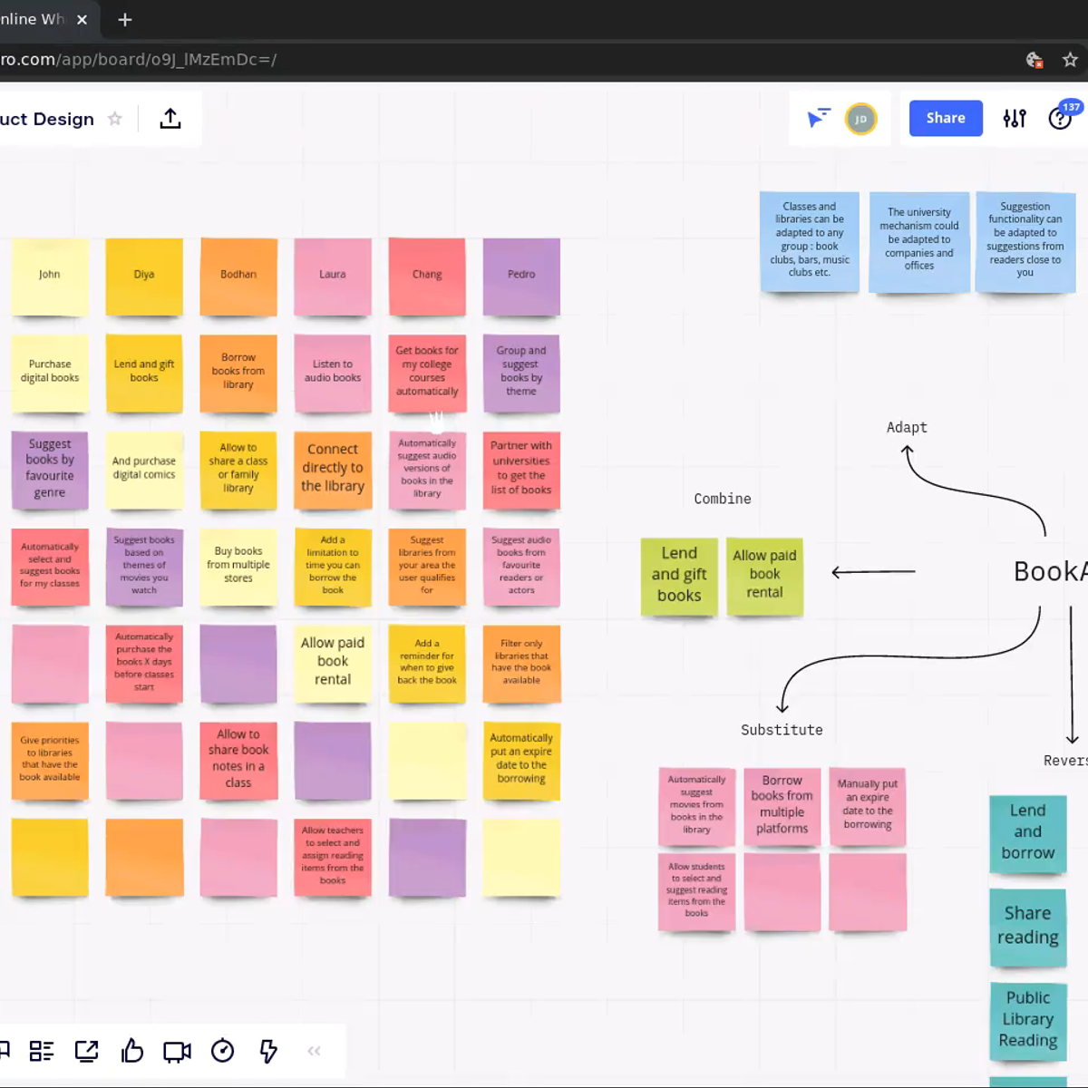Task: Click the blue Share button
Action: click(945, 118)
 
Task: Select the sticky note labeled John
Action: click(50, 276)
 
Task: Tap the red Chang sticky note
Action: click(427, 276)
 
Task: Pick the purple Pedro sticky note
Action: click(521, 276)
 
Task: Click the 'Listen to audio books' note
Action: click(333, 372)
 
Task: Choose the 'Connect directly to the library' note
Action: click(333, 469)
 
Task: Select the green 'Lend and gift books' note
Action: click(679, 575)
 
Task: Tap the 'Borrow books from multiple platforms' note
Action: click(782, 805)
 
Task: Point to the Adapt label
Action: click(907, 427)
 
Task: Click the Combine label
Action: click(723, 499)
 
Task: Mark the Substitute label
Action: click(782, 730)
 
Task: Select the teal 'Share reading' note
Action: click(1027, 926)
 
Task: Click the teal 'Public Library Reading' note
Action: click(1027, 1019)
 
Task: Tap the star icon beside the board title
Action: click(115, 119)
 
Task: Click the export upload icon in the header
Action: click(170, 119)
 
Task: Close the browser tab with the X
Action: click(82, 19)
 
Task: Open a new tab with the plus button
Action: click(125, 19)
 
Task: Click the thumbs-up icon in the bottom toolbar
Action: click(132, 1051)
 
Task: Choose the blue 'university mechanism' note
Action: click(918, 239)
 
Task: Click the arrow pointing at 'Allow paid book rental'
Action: click(873, 572)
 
